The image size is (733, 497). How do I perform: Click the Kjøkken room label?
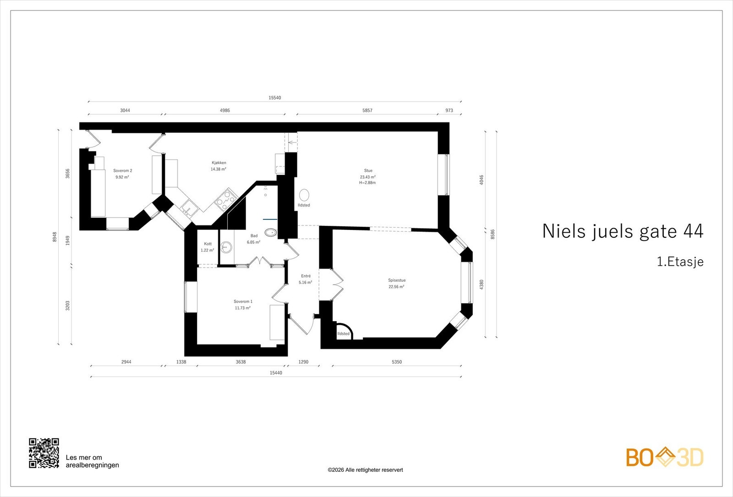219,163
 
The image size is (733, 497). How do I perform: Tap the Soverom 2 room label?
122,171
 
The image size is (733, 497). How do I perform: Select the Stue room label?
368,171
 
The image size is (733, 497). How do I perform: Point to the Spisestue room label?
397,280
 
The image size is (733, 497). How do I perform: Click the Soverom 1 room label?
243,301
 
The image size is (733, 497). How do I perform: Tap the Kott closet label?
208,244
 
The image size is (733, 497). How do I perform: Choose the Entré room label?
306,276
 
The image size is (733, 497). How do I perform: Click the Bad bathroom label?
254,236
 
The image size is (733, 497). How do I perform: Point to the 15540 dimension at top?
275,98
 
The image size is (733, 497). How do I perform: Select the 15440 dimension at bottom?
276,373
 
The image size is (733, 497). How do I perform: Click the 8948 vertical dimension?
55,237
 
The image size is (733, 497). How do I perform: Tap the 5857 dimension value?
367,110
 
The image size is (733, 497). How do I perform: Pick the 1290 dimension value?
303,362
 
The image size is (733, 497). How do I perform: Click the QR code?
44,453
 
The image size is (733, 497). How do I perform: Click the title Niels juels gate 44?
623,231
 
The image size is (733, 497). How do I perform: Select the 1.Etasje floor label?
680,262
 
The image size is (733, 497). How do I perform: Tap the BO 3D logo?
665,457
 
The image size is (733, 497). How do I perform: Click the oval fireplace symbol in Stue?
304,195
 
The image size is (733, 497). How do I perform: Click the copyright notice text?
365,470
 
